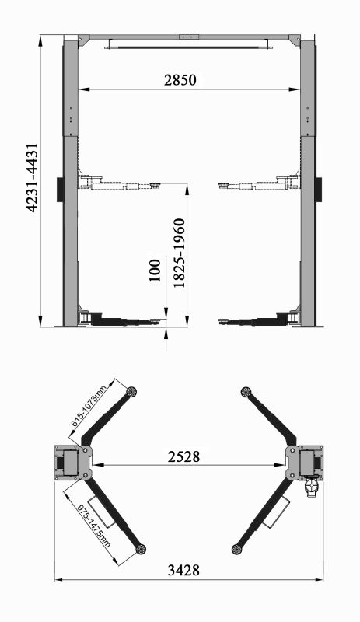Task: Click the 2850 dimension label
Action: click(x=180, y=80)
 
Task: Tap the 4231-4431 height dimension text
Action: click(x=32, y=178)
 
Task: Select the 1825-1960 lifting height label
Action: click(x=179, y=253)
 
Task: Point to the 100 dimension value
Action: click(x=155, y=270)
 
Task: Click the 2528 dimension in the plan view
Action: click(x=183, y=456)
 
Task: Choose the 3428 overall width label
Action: click(x=183, y=571)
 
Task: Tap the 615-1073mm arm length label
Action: click(x=89, y=406)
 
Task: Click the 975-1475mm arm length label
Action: click(x=93, y=526)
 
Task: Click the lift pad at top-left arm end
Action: click(x=131, y=392)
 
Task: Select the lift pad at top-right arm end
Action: click(x=246, y=392)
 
